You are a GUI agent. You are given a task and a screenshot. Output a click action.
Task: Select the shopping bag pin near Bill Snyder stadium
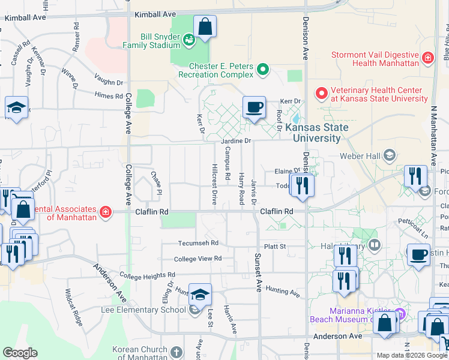click(205, 27)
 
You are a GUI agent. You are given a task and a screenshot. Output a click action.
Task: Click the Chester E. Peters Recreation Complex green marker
click(262, 70)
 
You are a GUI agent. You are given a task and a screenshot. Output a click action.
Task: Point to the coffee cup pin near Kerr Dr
click(254, 107)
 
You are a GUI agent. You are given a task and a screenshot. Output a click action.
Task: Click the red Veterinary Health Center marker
click(321, 94)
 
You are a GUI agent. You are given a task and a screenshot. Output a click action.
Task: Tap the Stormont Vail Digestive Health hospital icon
click(427, 58)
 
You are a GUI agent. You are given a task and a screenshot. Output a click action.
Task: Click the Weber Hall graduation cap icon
click(389, 156)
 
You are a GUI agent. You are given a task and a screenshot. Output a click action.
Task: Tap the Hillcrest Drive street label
click(214, 184)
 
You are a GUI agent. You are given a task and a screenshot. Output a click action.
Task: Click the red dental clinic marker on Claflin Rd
click(106, 212)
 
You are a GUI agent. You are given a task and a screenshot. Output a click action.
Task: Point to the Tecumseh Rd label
click(197, 243)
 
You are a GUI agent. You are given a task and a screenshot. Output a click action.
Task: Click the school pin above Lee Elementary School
click(200, 294)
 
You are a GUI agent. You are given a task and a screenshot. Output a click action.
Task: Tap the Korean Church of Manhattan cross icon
click(175, 352)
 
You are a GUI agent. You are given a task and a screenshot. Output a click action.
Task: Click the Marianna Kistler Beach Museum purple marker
click(401, 313)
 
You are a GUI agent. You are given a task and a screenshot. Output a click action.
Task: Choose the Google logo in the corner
click(20, 353)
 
